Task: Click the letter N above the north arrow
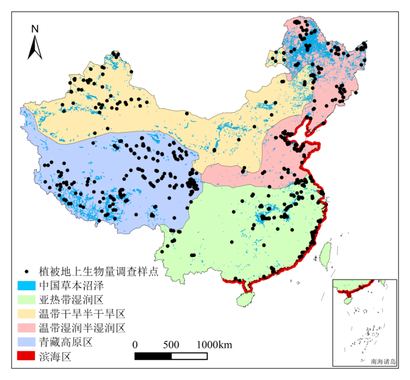coord(35,29)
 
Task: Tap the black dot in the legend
coord(27,271)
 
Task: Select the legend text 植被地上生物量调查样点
coord(98,271)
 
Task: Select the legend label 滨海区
coord(55,356)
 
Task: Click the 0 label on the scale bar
coord(135,344)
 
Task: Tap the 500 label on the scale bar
coord(171,344)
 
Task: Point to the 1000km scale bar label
coord(214,344)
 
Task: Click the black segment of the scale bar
coord(153,356)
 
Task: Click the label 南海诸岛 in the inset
coord(383,362)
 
